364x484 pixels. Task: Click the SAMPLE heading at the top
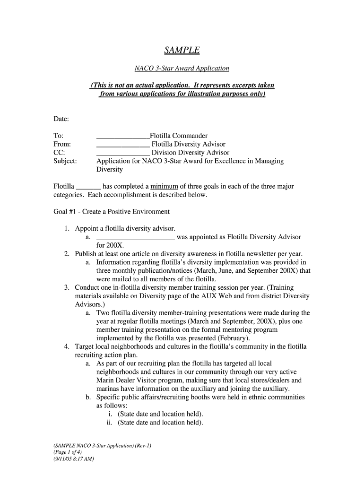[182, 50]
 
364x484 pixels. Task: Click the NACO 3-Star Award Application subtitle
[182, 69]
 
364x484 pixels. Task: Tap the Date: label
[61, 118]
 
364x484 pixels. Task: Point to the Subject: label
[65, 161]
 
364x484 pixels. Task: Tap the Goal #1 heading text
[112, 212]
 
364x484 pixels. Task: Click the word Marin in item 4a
[106, 380]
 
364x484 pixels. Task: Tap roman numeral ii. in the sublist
[111, 423]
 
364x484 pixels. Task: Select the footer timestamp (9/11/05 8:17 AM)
[73, 458]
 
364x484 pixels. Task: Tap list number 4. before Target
[68, 346]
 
